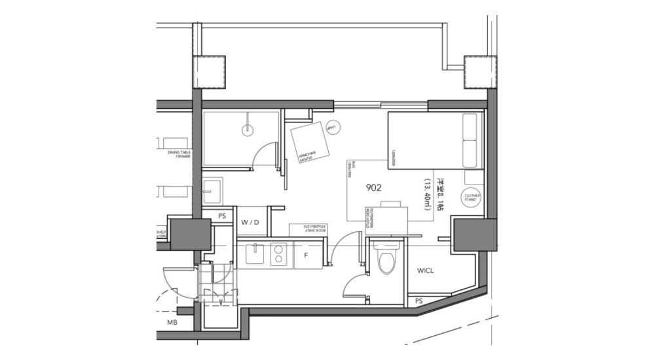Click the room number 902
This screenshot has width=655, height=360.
(375, 187)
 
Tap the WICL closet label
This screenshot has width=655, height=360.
(426, 270)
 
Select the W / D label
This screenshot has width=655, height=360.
(250, 223)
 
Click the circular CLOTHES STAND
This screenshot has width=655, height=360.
(472, 198)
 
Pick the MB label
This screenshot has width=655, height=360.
(172, 323)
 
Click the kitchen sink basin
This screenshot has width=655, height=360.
(253, 254)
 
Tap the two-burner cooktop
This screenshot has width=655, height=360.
(279, 254)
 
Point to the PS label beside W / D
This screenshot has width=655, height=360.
(221, 214)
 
